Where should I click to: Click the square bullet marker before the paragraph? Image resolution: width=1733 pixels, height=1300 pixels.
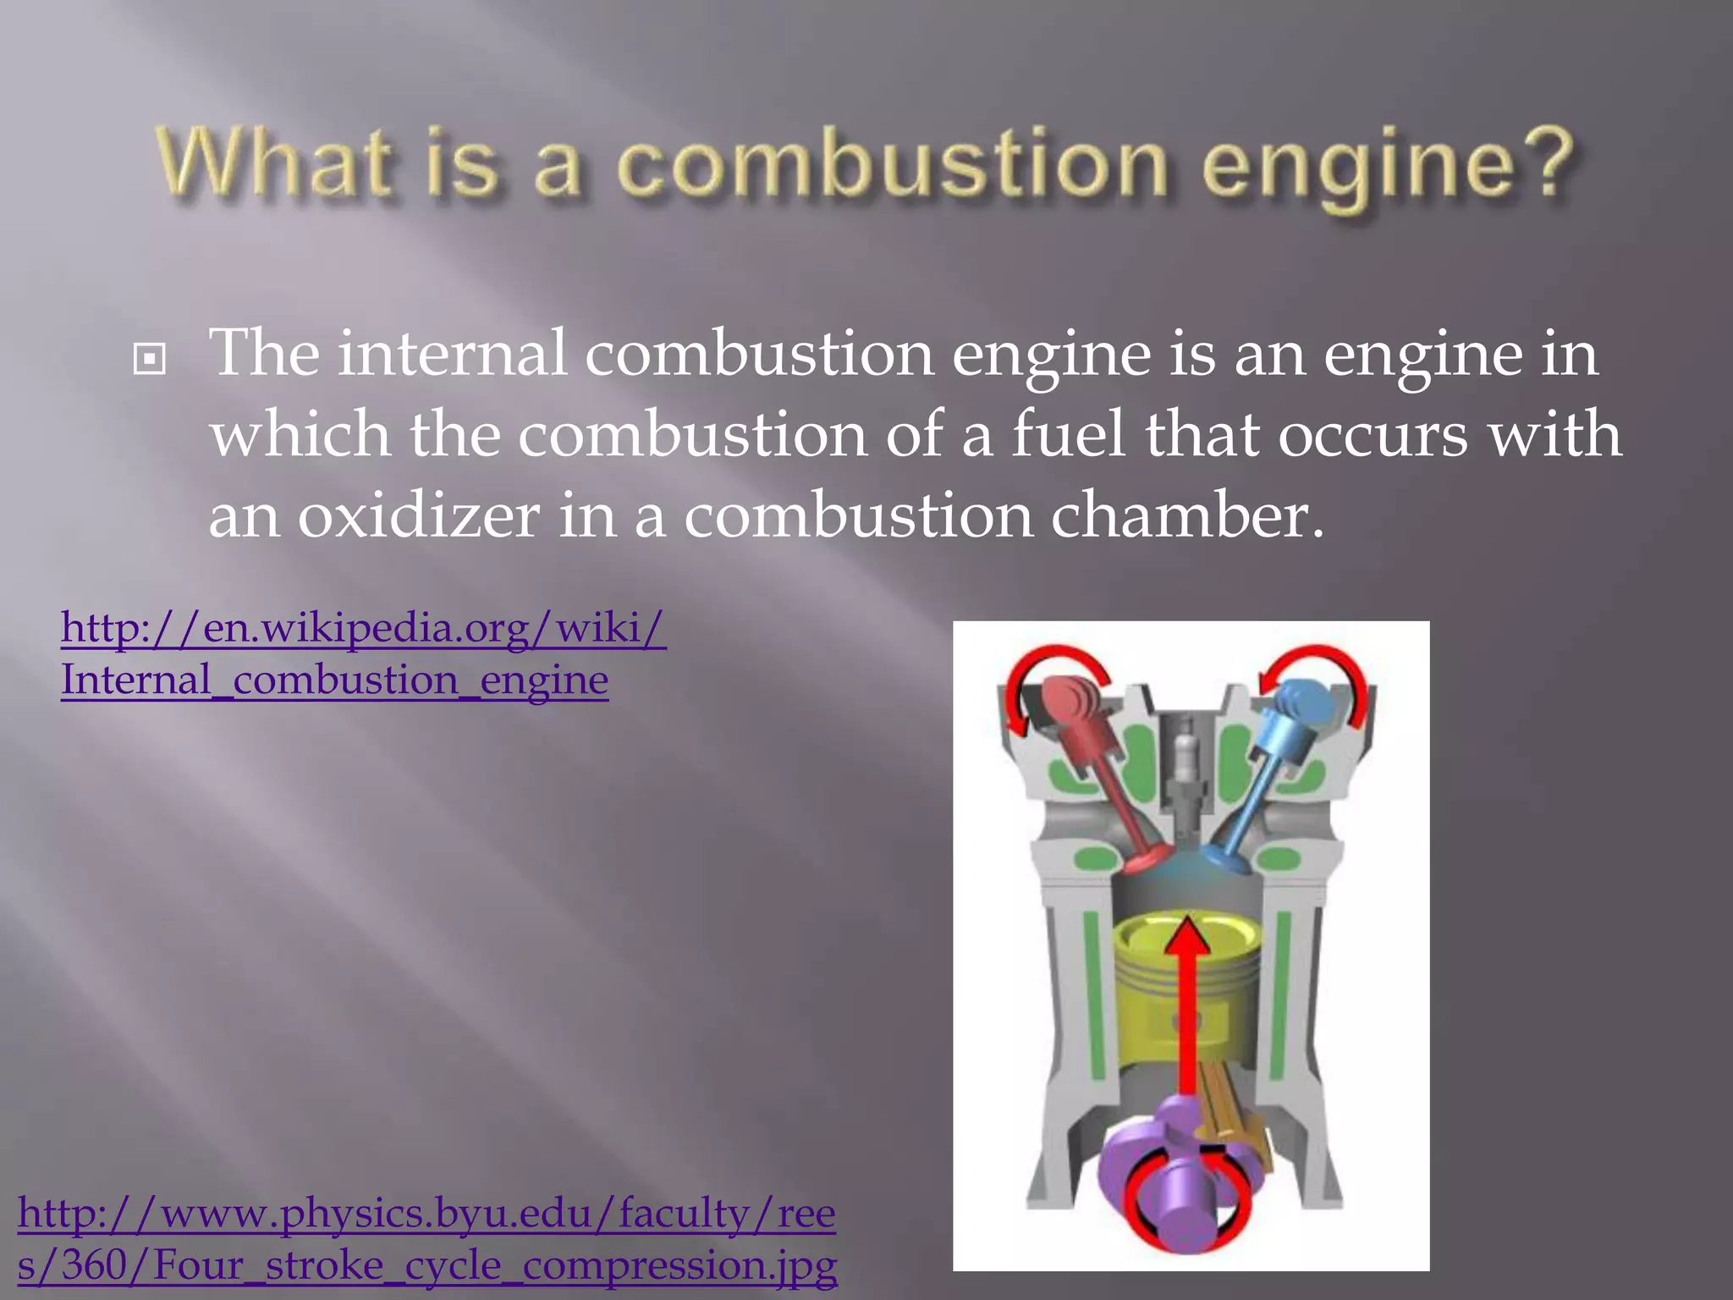[150, 361]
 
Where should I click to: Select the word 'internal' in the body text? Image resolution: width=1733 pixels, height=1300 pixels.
[453, 353]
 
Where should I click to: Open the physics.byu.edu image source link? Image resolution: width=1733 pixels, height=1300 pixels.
[426, 1239]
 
